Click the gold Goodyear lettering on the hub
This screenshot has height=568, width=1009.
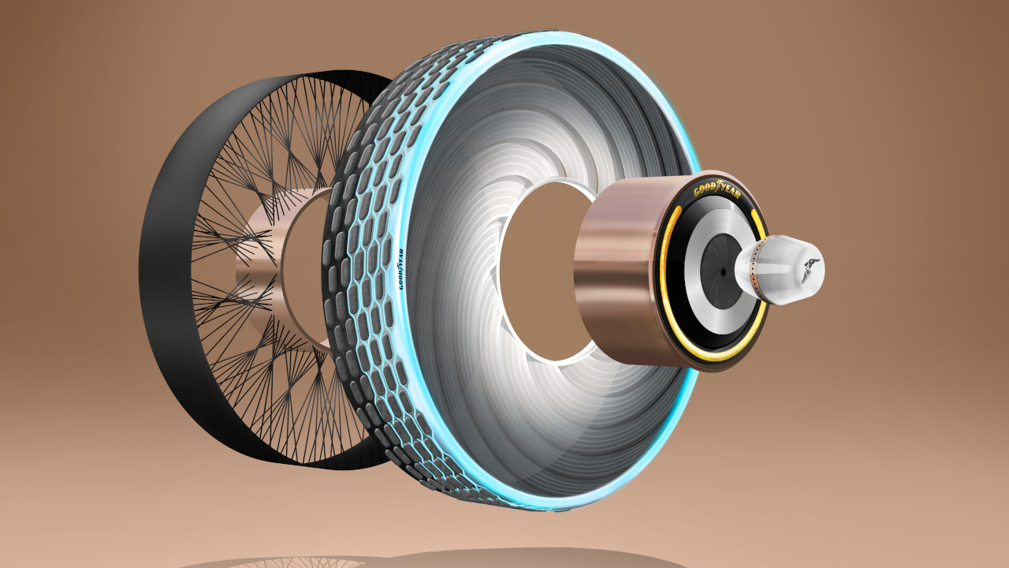coord(717,192)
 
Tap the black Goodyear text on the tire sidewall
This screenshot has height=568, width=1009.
coord(401,269)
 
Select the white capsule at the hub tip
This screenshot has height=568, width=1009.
coord(780,270)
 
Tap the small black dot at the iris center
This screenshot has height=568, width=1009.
coord(723,272)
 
